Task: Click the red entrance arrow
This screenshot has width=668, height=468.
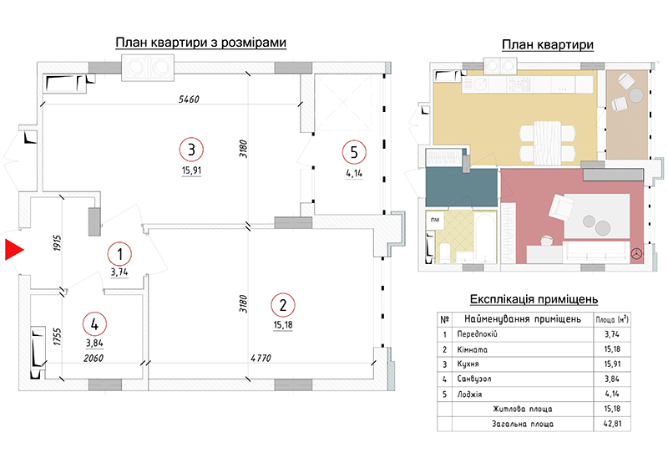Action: pyautogui.click(x=13, y=250)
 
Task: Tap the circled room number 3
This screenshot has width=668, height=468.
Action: pyautogui.click(x=191, y=150)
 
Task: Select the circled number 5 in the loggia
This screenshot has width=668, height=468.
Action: pyautogui.click(x=354, y=152)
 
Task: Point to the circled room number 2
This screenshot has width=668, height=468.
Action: pyautogui.click(x=283, y=305)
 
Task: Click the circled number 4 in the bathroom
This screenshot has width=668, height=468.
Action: pyautogui.click(x=94, y=324)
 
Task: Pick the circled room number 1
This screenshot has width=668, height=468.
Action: pyautogui.click(x=119, y=254)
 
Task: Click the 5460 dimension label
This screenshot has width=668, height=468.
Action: pyautogui.click(x=189, y=99)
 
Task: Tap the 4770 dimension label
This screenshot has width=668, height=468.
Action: pyautogui.click(x=261, y=358)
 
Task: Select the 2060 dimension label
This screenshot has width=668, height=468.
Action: pyautogui.click(x=94, y=358)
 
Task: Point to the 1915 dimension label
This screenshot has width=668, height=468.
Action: pyautogui.click(x=58, y=243)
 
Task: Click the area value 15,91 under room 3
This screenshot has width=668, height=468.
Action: pyautogui.click(x=192, y=170)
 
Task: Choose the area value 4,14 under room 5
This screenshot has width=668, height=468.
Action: pyautogui.click(x=354, y=173)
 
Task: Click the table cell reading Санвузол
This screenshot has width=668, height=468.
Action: pyautogui.click(x=474, y=379)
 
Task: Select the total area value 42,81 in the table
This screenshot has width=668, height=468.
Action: pyautogui.click(x=612, y=424)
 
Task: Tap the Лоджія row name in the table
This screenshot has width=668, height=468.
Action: pyautogui.click(x=469, y=394)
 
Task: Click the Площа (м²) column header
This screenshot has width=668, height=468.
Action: pyautogui.click(x=612, y=319)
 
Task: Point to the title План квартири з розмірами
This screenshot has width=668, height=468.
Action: pyautogui.click(x=201, y=43)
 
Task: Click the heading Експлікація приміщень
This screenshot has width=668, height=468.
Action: pyautogui.click(x=534, y=299)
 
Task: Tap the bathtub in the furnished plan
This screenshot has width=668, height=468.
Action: pyautogui.click(x=485, y=237)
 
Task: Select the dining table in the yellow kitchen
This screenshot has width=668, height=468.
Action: pyautogui.click(x=548, y=143)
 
